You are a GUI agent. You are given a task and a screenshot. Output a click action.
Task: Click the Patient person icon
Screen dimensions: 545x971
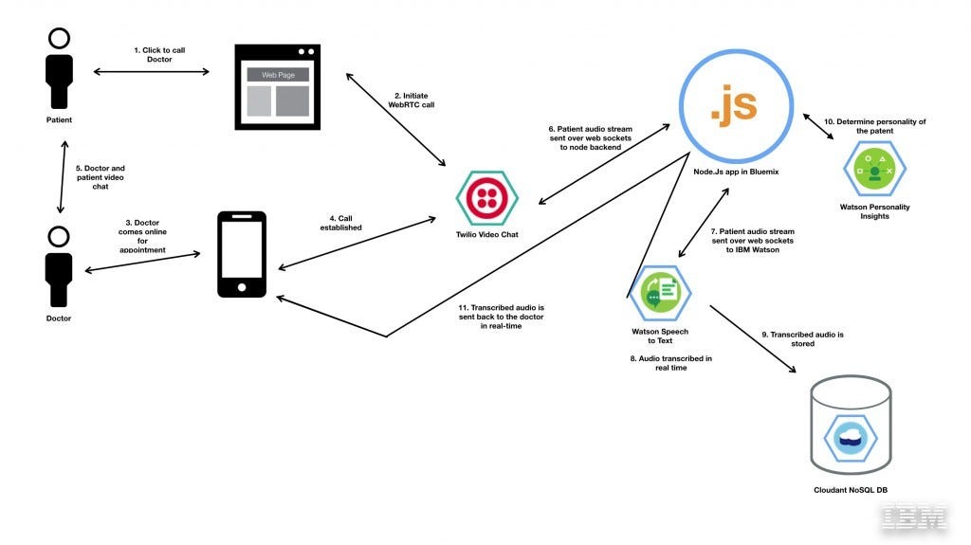click(59, 72)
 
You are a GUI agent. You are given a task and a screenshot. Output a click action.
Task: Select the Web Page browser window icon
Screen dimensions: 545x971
click(278, 86)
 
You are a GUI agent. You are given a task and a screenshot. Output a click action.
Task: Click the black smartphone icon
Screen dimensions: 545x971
click(242, 255)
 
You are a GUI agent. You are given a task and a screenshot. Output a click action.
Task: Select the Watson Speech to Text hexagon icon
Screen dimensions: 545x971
click(660, 292)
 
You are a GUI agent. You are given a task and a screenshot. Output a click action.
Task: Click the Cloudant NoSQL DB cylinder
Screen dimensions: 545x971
click(851, 430)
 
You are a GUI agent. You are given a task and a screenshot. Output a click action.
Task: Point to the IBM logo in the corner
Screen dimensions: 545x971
click(914, 518)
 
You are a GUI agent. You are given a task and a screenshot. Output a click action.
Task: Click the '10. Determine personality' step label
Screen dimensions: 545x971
click(873, 126)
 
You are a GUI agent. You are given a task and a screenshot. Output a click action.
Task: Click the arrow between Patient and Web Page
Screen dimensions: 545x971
click(152, 72)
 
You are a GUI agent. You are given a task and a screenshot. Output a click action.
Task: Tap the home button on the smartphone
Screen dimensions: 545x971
click(242, 286)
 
